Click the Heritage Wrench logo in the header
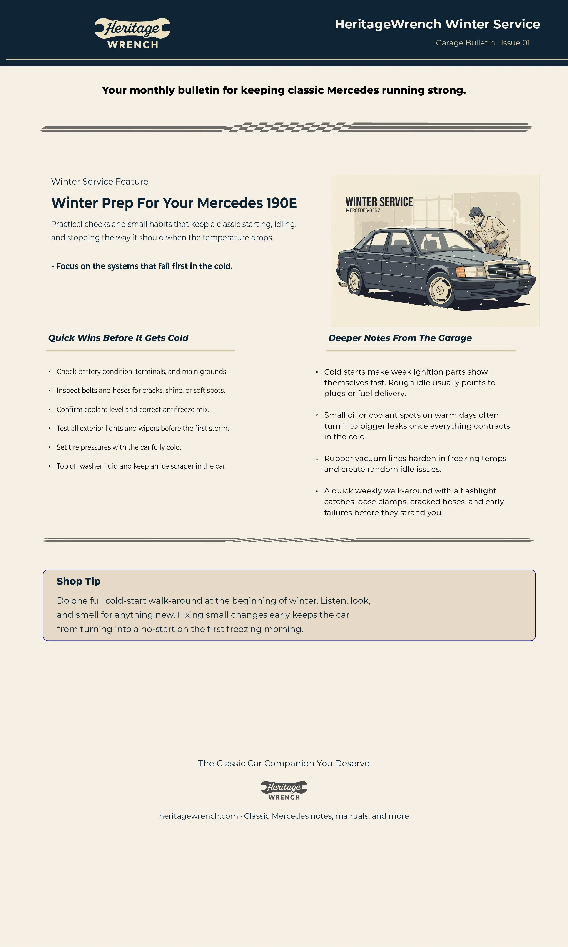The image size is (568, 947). coord(132,33)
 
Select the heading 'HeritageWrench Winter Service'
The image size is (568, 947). coord(437,24)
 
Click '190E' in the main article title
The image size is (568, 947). coord(281,203)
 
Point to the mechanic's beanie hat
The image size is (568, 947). coord(476,211)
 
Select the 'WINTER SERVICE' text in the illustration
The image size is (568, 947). coord(379,202)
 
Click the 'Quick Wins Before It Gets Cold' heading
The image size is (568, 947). coord(118,338)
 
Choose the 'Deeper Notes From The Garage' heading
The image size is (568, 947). coord(400,338)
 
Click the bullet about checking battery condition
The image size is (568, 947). coord(142,372)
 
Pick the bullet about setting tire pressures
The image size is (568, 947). coord(119,447)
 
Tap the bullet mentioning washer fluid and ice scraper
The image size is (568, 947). coord(142,466)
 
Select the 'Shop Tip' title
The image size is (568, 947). coord(78,581)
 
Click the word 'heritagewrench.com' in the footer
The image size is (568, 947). coord(198,816)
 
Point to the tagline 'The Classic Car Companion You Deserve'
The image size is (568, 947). coord(284,763)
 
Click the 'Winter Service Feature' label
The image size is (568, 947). coord(100,181)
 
